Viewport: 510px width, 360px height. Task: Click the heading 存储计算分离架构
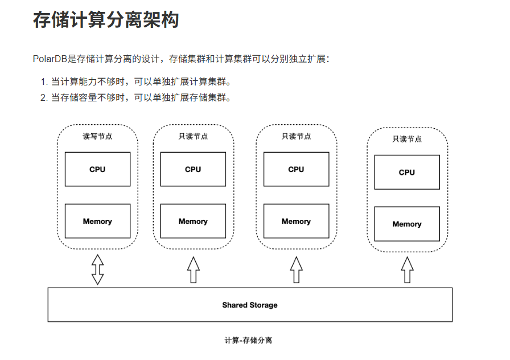coord(106,21)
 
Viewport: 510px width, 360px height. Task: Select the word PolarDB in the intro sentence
coord(50,59)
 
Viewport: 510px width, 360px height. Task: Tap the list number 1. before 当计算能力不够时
coord(44,81)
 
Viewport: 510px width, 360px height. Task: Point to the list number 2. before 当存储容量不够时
coord(44,97)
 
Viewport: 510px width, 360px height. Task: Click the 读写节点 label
coord(97,137)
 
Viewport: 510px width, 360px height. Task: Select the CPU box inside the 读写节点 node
coord(97,169)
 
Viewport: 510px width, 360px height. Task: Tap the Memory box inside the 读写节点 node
coord(97,221)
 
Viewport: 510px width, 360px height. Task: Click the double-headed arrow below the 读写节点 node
coord(97,269)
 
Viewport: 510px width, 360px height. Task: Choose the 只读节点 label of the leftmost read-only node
coord(193,137)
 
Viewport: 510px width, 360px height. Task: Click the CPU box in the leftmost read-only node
coord(193,169)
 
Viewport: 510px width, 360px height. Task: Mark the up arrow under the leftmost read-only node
coord(193,270)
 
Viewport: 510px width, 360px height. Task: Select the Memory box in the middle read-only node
coord(296,221)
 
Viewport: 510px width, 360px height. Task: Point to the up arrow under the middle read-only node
coord(296,270)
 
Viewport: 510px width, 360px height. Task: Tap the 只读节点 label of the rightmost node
coord(407,139)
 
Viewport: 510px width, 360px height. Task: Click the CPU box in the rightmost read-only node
coord(407,172)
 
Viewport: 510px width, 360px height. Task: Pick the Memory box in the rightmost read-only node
coord(407,224)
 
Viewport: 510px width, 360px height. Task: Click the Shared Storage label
coord(250,305)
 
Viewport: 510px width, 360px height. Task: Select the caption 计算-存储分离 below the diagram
coord(248,341)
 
